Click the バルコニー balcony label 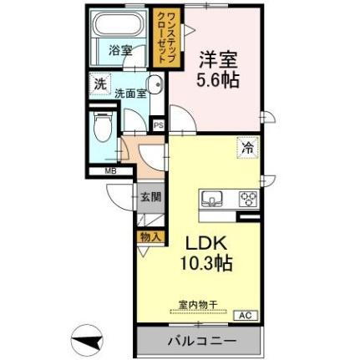(x=200, y=341)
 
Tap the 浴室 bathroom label (x=120, y=50)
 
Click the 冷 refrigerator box (x=248, y=147)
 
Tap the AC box (x=246, y=315)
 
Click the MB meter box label (x=110, y=172)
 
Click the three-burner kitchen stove (x=248, y=200)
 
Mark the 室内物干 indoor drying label (x=197, y=304)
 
